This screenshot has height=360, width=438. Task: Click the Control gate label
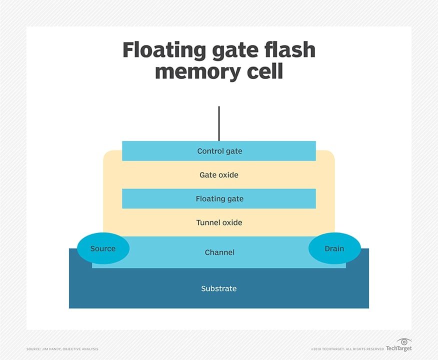219,151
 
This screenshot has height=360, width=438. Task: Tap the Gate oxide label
219,175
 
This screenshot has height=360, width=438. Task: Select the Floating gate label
219,199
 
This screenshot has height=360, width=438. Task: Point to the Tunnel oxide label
219,222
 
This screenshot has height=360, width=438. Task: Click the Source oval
103,248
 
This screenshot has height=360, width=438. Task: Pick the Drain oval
334,248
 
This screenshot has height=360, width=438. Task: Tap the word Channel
219,252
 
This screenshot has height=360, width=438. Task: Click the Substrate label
219,288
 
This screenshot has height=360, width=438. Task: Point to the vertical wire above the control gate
219,123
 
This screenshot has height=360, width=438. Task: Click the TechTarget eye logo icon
403,342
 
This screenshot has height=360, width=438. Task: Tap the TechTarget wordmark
399,348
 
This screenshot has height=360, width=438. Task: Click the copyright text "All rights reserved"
366,348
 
